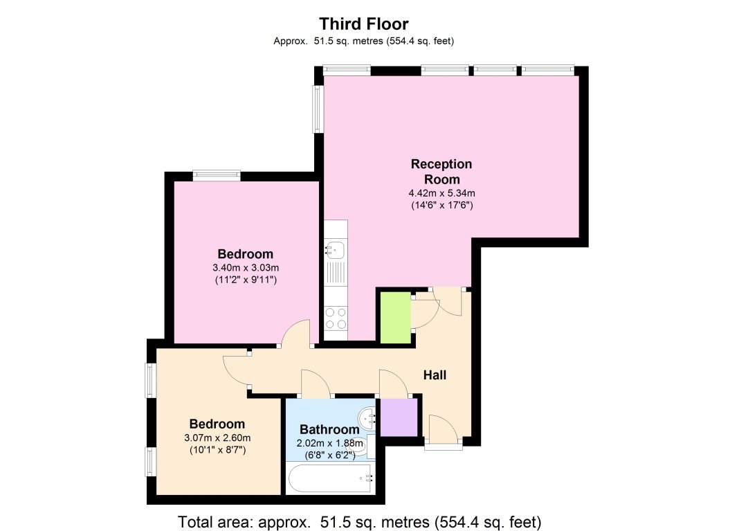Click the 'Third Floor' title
364,25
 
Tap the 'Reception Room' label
441,170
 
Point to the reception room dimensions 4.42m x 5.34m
441,193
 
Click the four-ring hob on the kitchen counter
336,318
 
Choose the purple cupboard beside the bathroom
399,417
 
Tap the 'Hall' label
435,375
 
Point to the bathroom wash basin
367,417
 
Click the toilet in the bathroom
368,447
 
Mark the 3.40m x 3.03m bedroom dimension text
245,267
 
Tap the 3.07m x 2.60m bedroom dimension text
217,438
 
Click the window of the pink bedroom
217,176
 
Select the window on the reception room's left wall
318,109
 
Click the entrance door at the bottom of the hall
443,433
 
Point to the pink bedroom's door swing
298,333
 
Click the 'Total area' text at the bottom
359,521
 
